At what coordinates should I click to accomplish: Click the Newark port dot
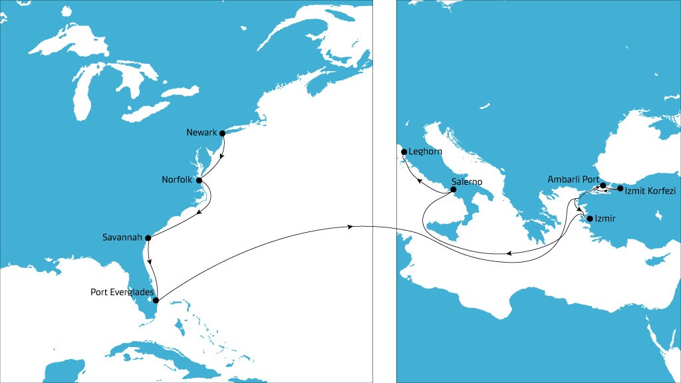[x=223, y=133]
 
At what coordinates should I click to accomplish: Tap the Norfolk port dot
[x=199, y=180]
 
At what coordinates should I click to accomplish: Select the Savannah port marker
[x=148, y=237]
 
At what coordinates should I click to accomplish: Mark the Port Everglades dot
[x=156, y=300]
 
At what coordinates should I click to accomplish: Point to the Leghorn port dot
[x=404, y=152]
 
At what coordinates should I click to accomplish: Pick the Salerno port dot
[x=454, y=190]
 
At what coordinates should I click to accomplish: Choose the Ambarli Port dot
[x=603, y=186]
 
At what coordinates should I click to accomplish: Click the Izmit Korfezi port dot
[x=620, y=189]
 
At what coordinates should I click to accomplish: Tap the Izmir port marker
[x=589, y=218]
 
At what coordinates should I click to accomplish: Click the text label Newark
[x=202, y=133]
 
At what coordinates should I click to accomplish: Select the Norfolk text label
[x=177, y=180]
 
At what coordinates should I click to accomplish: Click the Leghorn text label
[x=424, y=152]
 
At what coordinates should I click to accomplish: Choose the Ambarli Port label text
[x=573, y=180]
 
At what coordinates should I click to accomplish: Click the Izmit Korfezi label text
[x=651, y=190]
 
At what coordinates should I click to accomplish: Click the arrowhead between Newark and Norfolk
[x=221, y=158]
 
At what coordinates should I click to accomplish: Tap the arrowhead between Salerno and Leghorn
[x=418, y=178]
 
